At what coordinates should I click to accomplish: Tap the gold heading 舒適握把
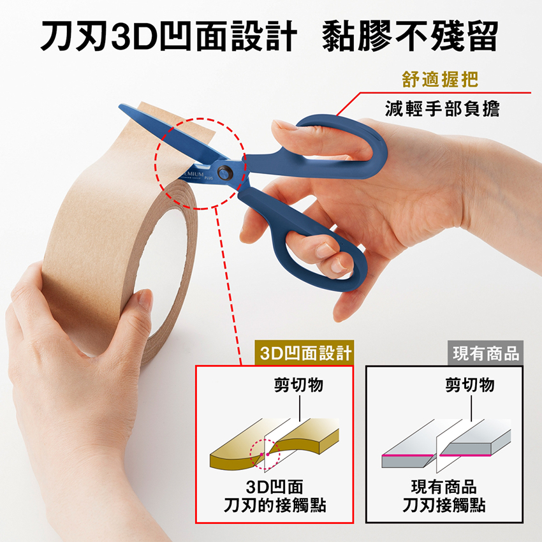pyautogui.click(x=440, y=79)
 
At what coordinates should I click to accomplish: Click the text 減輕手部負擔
pyautogui.click(x=442, y=108)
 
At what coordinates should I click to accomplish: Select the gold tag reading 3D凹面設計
pyautogui.click(x=304, y=353)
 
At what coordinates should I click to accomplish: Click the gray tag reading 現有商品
pyautogui.click(x=485, y=353)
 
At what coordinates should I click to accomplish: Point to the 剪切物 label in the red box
pyautogui.click(x=298, y=385)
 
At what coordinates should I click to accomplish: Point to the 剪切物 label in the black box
pyautogui.click(x=470, y=385)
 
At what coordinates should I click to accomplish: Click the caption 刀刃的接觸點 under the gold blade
pyautogui.click(x=275, y=506)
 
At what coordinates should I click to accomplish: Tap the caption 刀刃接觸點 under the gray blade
pyautogui.click(x=444, y=506)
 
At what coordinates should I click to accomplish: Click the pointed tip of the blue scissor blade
pyautogui.click(x=120, y=105)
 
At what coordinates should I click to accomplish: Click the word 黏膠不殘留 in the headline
pyautogui.click(x=410, y=36)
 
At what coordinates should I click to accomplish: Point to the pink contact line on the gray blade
pyautogui.click(x=436, y=455)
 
